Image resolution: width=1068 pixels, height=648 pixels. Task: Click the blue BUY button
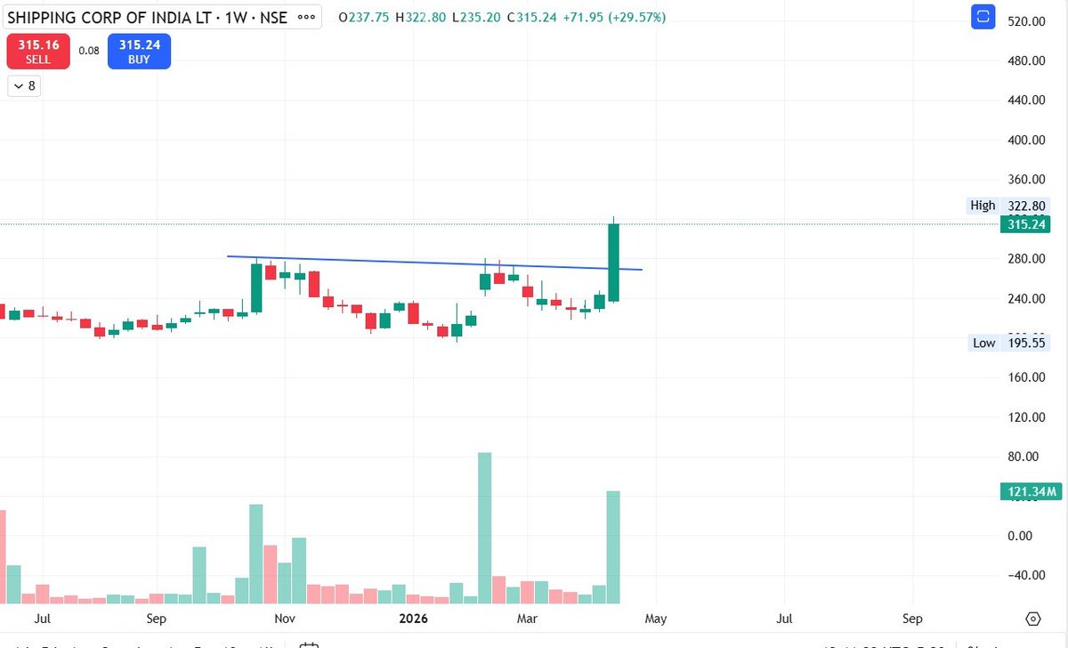coord(139,51)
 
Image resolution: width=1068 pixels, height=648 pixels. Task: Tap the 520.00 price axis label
coord(1025,20)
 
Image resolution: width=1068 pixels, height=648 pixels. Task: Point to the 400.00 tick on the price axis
coord(1025,140)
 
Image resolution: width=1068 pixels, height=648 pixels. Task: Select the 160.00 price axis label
coord(1025,377)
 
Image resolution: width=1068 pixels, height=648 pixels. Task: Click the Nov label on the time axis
coord(284,618)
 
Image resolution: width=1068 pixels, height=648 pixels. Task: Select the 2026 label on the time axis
coord(413,618)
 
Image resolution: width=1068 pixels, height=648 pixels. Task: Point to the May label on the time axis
coord(656,618)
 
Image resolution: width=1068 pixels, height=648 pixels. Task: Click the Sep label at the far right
coord(912,618)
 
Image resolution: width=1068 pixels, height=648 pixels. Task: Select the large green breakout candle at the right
coord(613,263)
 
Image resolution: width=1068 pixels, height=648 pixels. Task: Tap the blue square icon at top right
coord(983,16)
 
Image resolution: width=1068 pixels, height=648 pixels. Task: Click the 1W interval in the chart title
coord(239,17)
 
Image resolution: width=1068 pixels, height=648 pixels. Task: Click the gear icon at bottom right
coord(1033,619)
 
